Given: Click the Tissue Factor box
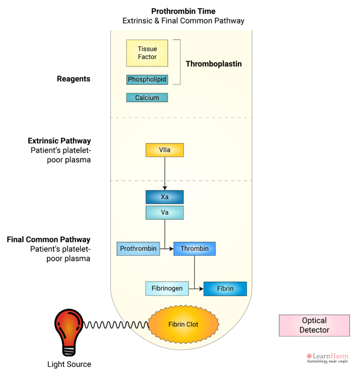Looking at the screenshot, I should coord(147,53).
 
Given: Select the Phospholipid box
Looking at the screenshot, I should coord(147,80).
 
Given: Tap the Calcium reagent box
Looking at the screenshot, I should coord(147,98).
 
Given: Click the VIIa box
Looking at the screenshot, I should coord(165,150).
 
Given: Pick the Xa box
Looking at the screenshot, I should coord(165,197).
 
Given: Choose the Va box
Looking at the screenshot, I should coord(165,213).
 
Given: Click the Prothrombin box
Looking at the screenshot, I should coord(138,249).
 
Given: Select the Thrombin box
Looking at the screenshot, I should coord(194,249).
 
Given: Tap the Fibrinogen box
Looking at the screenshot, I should coord(167,289).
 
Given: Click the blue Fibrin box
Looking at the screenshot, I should coord(225,289).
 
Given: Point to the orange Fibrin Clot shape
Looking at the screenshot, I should coord(183,324).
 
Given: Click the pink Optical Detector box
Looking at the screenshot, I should coord(314,325).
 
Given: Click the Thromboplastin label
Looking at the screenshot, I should coord(214,64).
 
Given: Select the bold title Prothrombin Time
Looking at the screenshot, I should coord(183,11).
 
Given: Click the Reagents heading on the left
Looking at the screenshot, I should coord(74,79).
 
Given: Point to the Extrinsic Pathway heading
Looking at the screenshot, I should coord(60,141).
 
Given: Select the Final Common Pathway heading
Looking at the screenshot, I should coord(49,240).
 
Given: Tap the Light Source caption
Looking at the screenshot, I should coord(69,364).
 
